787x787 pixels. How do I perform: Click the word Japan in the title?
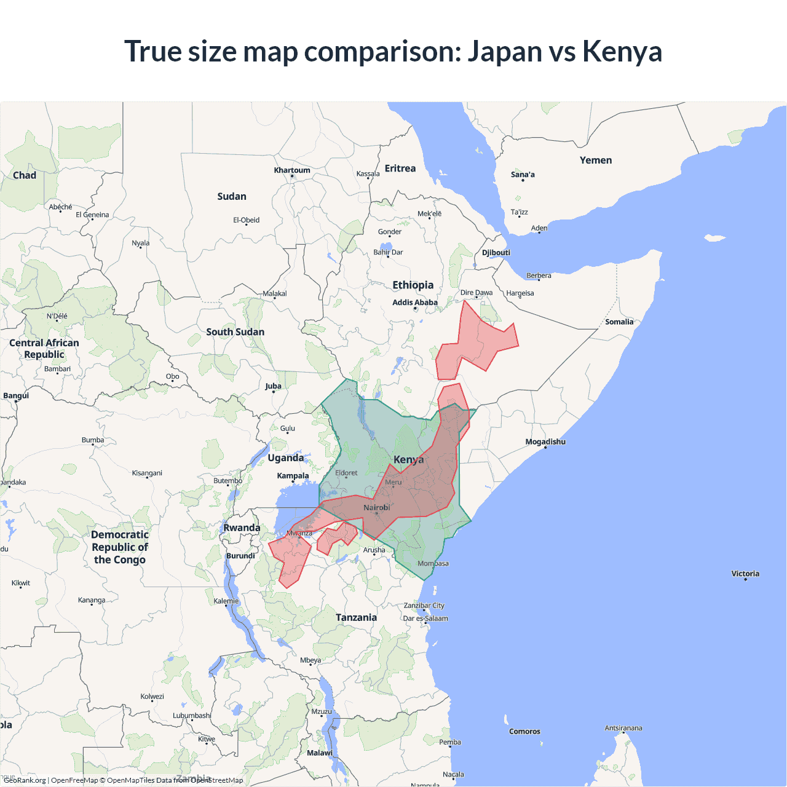pos(504,52)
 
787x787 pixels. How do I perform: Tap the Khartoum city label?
pos(292,170)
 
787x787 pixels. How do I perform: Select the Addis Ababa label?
pos(415,303)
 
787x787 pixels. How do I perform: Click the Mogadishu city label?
pos(545,442)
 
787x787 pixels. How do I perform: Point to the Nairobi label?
pos(376,508)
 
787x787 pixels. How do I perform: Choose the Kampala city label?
pos(293,476)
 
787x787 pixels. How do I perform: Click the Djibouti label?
pos(496,253)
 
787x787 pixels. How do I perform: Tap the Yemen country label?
pos(596,160)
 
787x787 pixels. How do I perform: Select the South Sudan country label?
pos(235,332)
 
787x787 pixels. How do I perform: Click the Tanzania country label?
pos(356,617)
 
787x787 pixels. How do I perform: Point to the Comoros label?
pos(524,732)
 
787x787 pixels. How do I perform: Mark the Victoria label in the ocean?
pos(745,574)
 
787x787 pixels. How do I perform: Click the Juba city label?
pos(273,386)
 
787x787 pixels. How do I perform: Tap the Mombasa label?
pos(433,563)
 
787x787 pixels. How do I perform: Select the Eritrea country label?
pos(400,168)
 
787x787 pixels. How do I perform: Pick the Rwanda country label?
pos(242,528)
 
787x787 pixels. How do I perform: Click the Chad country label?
pos(25,175)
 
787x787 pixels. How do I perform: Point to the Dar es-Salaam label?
pos(425,619)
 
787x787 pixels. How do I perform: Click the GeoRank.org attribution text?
pos(25,780)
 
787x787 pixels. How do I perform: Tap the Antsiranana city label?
pos(623,728)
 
